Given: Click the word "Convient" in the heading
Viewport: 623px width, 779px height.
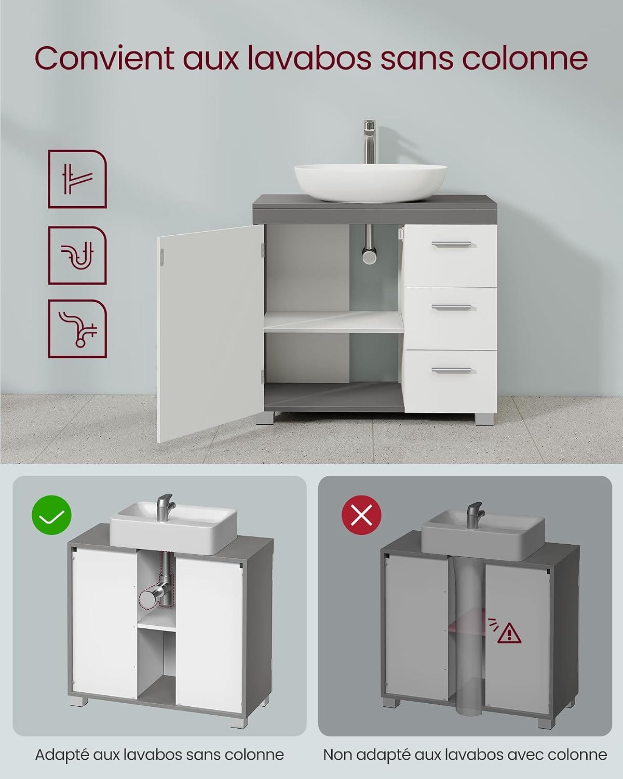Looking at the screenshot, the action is pyautogui.click(x=104, y=58).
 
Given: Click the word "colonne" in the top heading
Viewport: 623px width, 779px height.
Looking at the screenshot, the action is pyautogui.click(x=525, y=59).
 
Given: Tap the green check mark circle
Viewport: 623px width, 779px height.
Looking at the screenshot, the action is pyautogui.click(x=51, y=515).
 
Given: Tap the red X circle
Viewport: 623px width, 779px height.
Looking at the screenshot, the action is pyautogui.click(x=361, y=515).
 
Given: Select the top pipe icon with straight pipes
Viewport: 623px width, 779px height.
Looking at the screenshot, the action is pyautogui.click(x=77, y=179).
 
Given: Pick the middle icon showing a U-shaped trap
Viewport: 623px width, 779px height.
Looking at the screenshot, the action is pyautogui.click(x=77, y=255).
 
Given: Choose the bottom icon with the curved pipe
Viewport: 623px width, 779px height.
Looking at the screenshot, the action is pyautogui.click(x=77, y=328).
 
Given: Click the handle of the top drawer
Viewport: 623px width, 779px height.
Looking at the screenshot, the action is pyautogui.click(x=451, y=244).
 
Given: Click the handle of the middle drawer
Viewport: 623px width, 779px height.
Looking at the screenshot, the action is pyautogui.click(x=451, y=307).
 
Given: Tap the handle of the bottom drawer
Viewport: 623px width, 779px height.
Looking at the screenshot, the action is pyautogui.click(x=451, y=370).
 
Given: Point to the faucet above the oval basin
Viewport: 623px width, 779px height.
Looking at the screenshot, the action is pyautogui.click(x=369, y=142).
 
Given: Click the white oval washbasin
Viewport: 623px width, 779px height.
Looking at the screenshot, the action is pyautogui.click(x=370, y=183).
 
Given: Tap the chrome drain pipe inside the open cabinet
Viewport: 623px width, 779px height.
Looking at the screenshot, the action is pyautogui.click(x=369, y=244).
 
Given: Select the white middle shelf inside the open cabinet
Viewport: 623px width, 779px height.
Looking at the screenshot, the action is pyautogui.click(x=333, y=322).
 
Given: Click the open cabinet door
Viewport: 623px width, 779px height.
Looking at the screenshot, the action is pyautogui.click(x=210, y=333).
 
